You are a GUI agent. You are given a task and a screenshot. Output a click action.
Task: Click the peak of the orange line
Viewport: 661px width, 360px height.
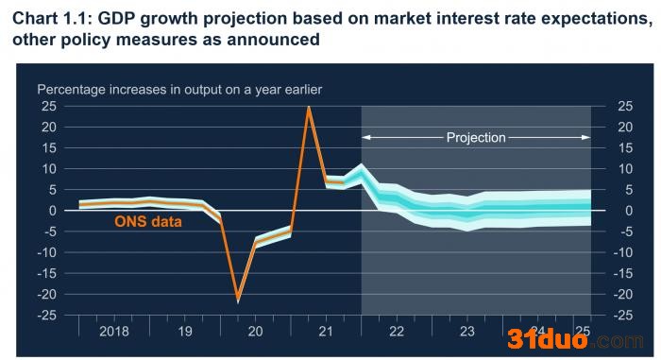point(309,108)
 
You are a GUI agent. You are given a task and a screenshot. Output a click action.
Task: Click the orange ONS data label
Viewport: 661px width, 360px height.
point(148,221)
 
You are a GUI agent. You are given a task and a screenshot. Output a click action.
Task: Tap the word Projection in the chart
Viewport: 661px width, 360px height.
point(476,138)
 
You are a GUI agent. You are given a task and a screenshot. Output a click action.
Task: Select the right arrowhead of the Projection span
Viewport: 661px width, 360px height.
point(586,137)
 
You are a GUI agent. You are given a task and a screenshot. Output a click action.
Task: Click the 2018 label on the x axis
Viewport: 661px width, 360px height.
point(114,332)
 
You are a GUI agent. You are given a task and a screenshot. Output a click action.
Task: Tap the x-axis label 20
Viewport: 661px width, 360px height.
point(256,332)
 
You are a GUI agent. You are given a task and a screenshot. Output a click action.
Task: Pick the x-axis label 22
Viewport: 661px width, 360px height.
point(397,332)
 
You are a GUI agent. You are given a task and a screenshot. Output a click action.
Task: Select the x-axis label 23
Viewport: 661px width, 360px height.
point(467,332)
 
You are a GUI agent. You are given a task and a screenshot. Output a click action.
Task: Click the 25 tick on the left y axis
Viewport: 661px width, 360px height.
point(49,106)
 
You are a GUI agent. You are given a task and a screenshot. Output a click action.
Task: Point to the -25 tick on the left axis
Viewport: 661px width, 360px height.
point(46,316)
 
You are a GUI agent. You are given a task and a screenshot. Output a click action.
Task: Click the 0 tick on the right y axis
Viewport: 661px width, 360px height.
point(629,211)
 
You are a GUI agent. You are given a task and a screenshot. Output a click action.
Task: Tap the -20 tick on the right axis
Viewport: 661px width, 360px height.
point(622,294)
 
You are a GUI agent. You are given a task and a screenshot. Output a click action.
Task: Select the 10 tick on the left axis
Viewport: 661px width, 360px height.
point(49,169)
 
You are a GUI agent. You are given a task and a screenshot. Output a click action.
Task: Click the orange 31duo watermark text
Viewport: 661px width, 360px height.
point(547,339)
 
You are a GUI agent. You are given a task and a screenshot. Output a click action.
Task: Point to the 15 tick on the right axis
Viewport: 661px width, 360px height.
point(625,147)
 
